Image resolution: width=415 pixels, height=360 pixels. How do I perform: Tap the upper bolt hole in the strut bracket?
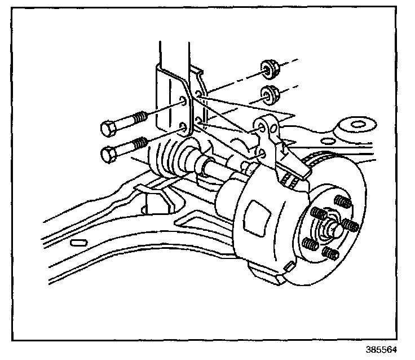point(183,102)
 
